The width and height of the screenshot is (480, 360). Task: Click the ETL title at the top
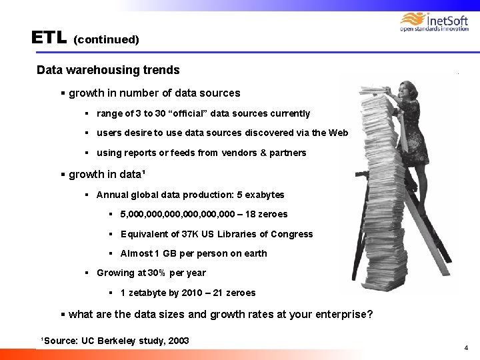point(49,37)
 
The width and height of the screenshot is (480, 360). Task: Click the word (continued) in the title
point(106,39)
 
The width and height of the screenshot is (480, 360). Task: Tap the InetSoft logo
point(434,22)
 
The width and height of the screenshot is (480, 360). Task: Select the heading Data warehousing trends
point(108,70)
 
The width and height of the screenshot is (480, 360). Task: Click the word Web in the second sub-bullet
point(339,133)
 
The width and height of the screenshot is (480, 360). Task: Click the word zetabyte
point(152,293)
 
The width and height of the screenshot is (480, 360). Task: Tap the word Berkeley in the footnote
point(121,341)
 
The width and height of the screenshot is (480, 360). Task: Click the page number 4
point(466,347)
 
